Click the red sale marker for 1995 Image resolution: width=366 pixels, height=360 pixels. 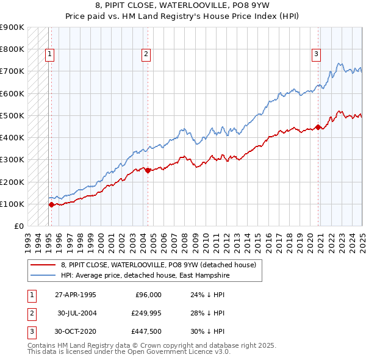(51, 205)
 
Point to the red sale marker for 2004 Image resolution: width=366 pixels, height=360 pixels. (148, 171)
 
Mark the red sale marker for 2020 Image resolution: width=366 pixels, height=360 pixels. (318, 127)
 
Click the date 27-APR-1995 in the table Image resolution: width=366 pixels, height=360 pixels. (76, 295)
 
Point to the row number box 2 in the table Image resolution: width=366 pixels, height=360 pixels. (31, 313)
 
